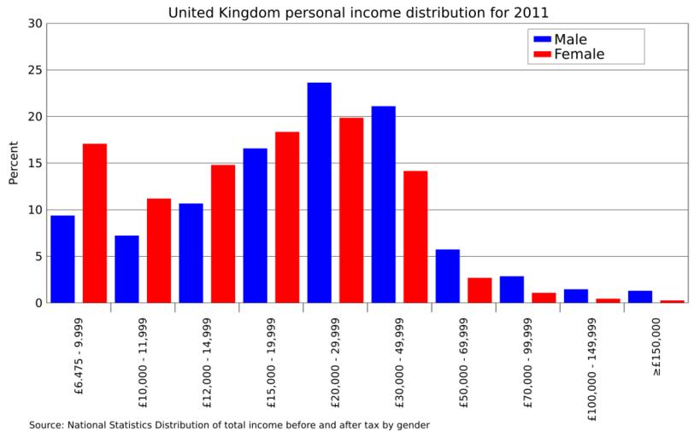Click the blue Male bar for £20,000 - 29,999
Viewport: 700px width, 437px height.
click(319, 193)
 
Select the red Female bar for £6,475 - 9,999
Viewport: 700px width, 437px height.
click(95, 223)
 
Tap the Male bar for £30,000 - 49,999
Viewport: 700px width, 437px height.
click(384, 204)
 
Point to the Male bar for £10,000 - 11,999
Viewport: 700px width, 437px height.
click(126, 269)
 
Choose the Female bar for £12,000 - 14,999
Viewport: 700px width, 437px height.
click(223, 233)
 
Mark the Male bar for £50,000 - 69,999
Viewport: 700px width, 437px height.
click(448, 276)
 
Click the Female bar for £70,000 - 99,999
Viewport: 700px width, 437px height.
click(544, 298)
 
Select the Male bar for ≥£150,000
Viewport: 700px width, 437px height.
click(640, 296)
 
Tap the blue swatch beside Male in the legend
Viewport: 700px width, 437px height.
click(542, 39)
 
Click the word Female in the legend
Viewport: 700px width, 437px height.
click(579, 55)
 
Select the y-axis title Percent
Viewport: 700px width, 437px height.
click(14, 163)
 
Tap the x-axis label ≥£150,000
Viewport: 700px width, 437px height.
click(656, 347)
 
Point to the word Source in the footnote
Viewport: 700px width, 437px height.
click(46, 424)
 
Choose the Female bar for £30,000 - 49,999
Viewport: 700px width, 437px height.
click(415, 236)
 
